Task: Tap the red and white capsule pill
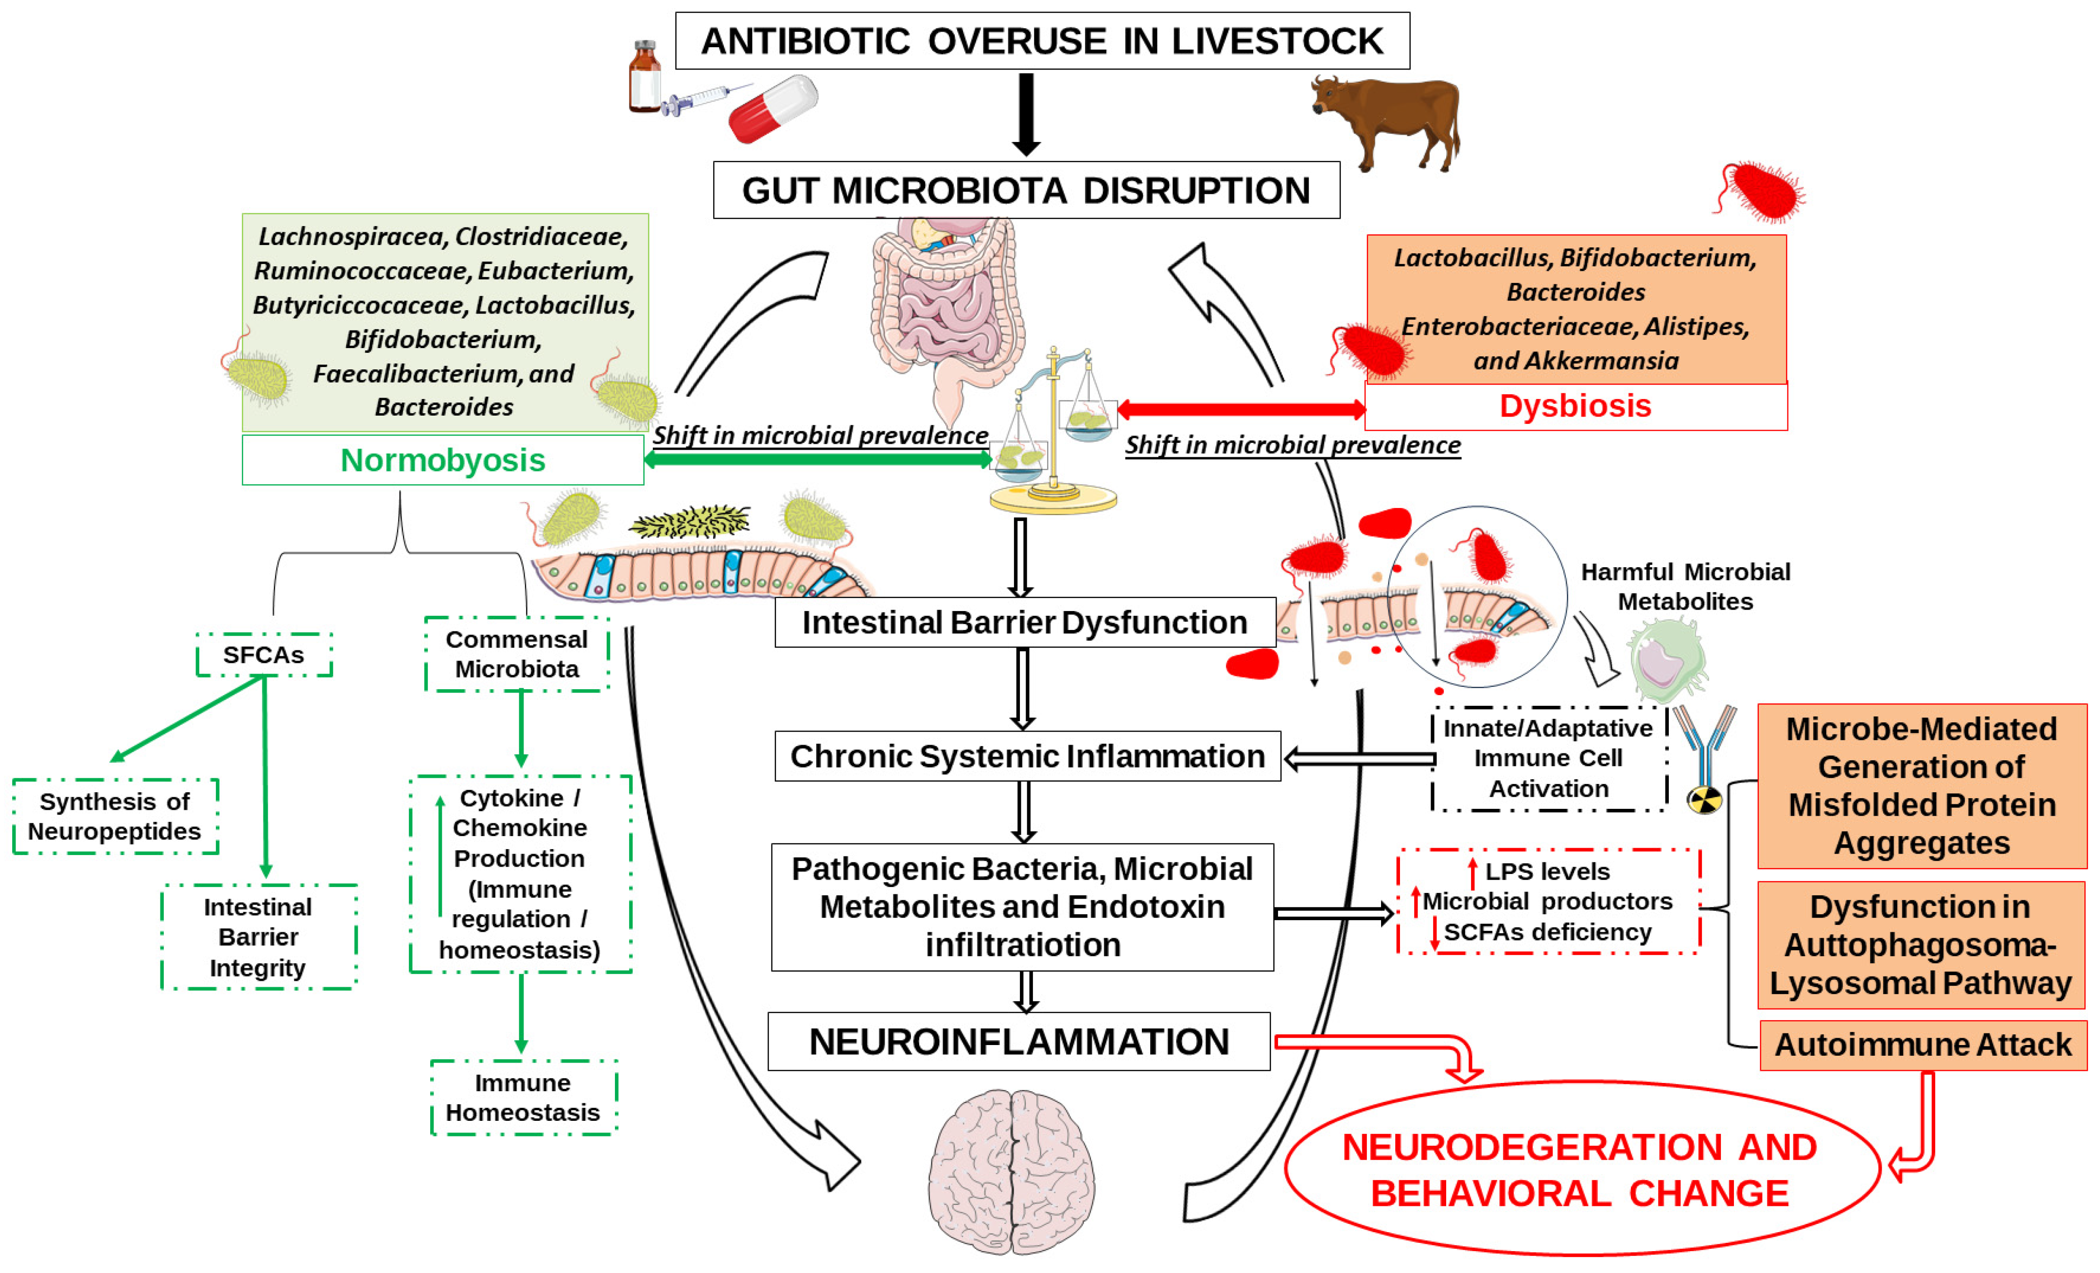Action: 772,108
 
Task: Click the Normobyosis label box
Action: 442,460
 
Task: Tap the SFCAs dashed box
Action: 264,654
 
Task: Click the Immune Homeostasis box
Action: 523,1098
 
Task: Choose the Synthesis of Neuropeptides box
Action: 115,816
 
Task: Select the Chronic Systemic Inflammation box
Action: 1027,756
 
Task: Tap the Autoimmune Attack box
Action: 1922,1045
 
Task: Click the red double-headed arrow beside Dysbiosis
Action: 1241,410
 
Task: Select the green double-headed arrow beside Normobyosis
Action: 817,459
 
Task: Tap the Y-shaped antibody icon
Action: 1704,750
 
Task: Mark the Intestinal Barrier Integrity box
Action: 258,937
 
